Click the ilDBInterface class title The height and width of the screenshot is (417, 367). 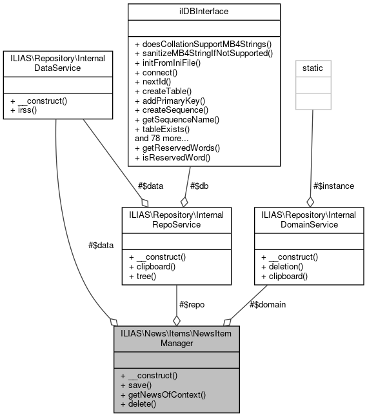point(204,11)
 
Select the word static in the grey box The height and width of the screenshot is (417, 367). point(313,67)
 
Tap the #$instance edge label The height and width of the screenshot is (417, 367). point(333,186)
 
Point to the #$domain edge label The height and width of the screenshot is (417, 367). point(267,304)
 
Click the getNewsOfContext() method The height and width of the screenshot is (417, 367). point(163,394)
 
